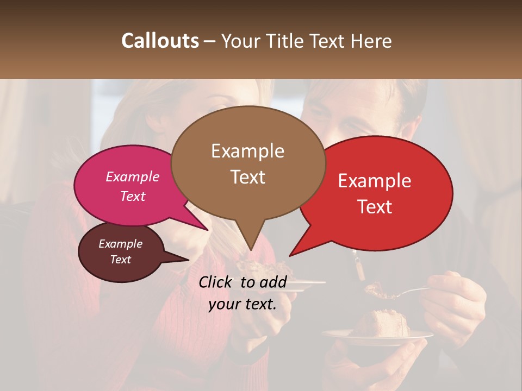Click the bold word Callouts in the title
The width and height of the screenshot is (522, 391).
point(160,41)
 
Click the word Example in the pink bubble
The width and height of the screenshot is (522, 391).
point(132,176)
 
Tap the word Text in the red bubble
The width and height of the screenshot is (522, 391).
point(375,206)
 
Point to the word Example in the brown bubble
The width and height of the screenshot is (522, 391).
point(247,151)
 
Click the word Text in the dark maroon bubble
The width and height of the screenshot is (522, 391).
point(121,260)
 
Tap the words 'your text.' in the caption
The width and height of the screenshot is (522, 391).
point(243,304)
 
